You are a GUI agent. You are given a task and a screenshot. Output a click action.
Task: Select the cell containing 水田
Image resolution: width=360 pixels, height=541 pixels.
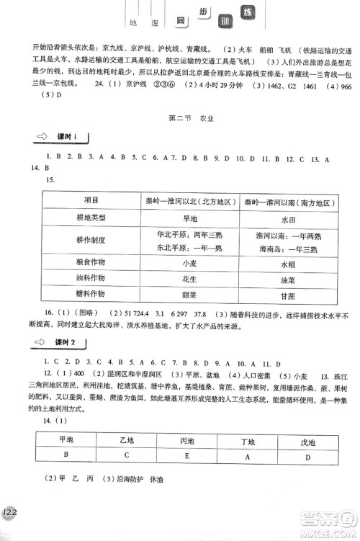click(288, 220)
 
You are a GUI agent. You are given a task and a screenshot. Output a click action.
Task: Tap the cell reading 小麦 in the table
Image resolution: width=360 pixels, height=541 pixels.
click(190, 264)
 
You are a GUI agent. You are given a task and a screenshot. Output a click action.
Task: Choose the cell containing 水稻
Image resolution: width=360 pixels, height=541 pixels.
click(288, 264)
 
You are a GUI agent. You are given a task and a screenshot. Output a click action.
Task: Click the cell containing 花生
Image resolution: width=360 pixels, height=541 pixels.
click(190, 279)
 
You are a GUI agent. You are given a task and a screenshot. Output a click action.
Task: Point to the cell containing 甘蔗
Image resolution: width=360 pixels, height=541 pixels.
click(288, 295)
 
